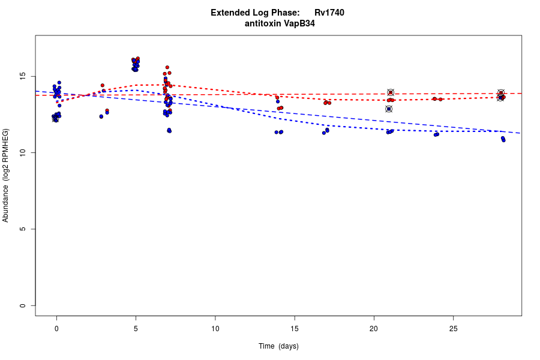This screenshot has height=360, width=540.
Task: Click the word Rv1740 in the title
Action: click(329, 13)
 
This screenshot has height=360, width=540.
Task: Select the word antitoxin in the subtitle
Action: click(263, 24)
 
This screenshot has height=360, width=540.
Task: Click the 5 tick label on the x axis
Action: click(136, 329)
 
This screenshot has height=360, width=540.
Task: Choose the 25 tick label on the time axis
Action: click(453, 329)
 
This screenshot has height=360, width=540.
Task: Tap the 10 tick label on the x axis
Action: click(215, 329)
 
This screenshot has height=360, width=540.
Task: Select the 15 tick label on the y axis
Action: click(22, 76)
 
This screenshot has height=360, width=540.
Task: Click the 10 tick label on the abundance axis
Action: click(22, 153)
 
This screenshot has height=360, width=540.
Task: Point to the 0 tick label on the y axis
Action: click(22, 305)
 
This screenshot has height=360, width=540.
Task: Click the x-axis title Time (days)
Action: click(278, 346)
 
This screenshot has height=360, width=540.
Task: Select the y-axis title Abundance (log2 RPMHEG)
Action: click(6, 175)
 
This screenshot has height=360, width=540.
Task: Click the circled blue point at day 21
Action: click(389, 109)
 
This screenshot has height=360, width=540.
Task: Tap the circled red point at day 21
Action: click(391, 92)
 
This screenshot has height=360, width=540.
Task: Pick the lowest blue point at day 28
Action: click(503, 140)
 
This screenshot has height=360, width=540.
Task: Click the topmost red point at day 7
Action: click(167, 67)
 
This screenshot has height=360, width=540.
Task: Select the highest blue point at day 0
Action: click(59, 83)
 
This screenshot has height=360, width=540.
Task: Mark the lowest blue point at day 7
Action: click(169, 131)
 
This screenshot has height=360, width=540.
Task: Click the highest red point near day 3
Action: click(103, 85)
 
